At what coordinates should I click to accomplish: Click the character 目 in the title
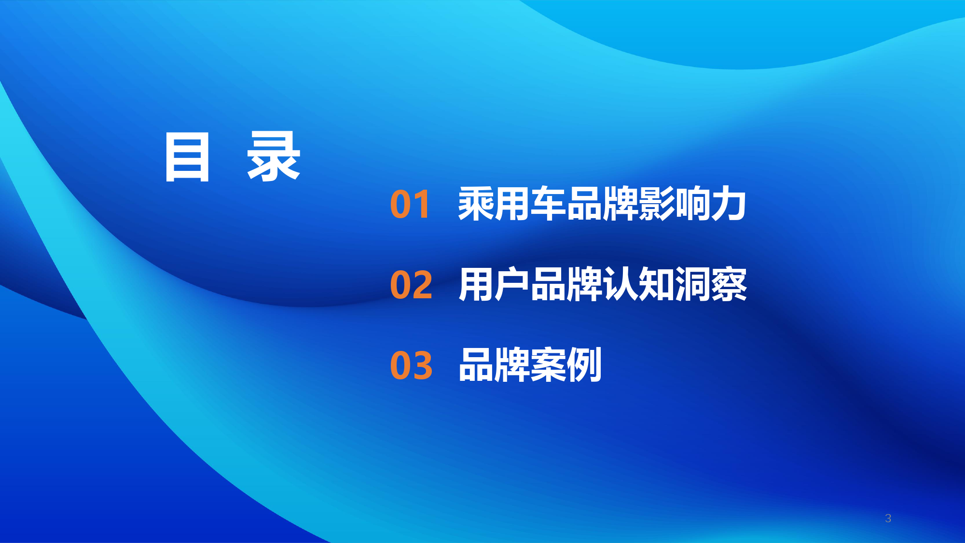187,157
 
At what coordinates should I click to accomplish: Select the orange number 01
410,205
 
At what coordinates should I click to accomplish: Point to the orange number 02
411,285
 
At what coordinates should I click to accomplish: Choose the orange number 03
411,365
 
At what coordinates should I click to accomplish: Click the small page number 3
888,518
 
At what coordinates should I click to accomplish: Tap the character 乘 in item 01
476,204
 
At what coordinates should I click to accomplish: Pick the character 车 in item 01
548,204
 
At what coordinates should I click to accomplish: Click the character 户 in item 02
512,285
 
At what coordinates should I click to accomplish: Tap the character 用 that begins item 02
476,285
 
